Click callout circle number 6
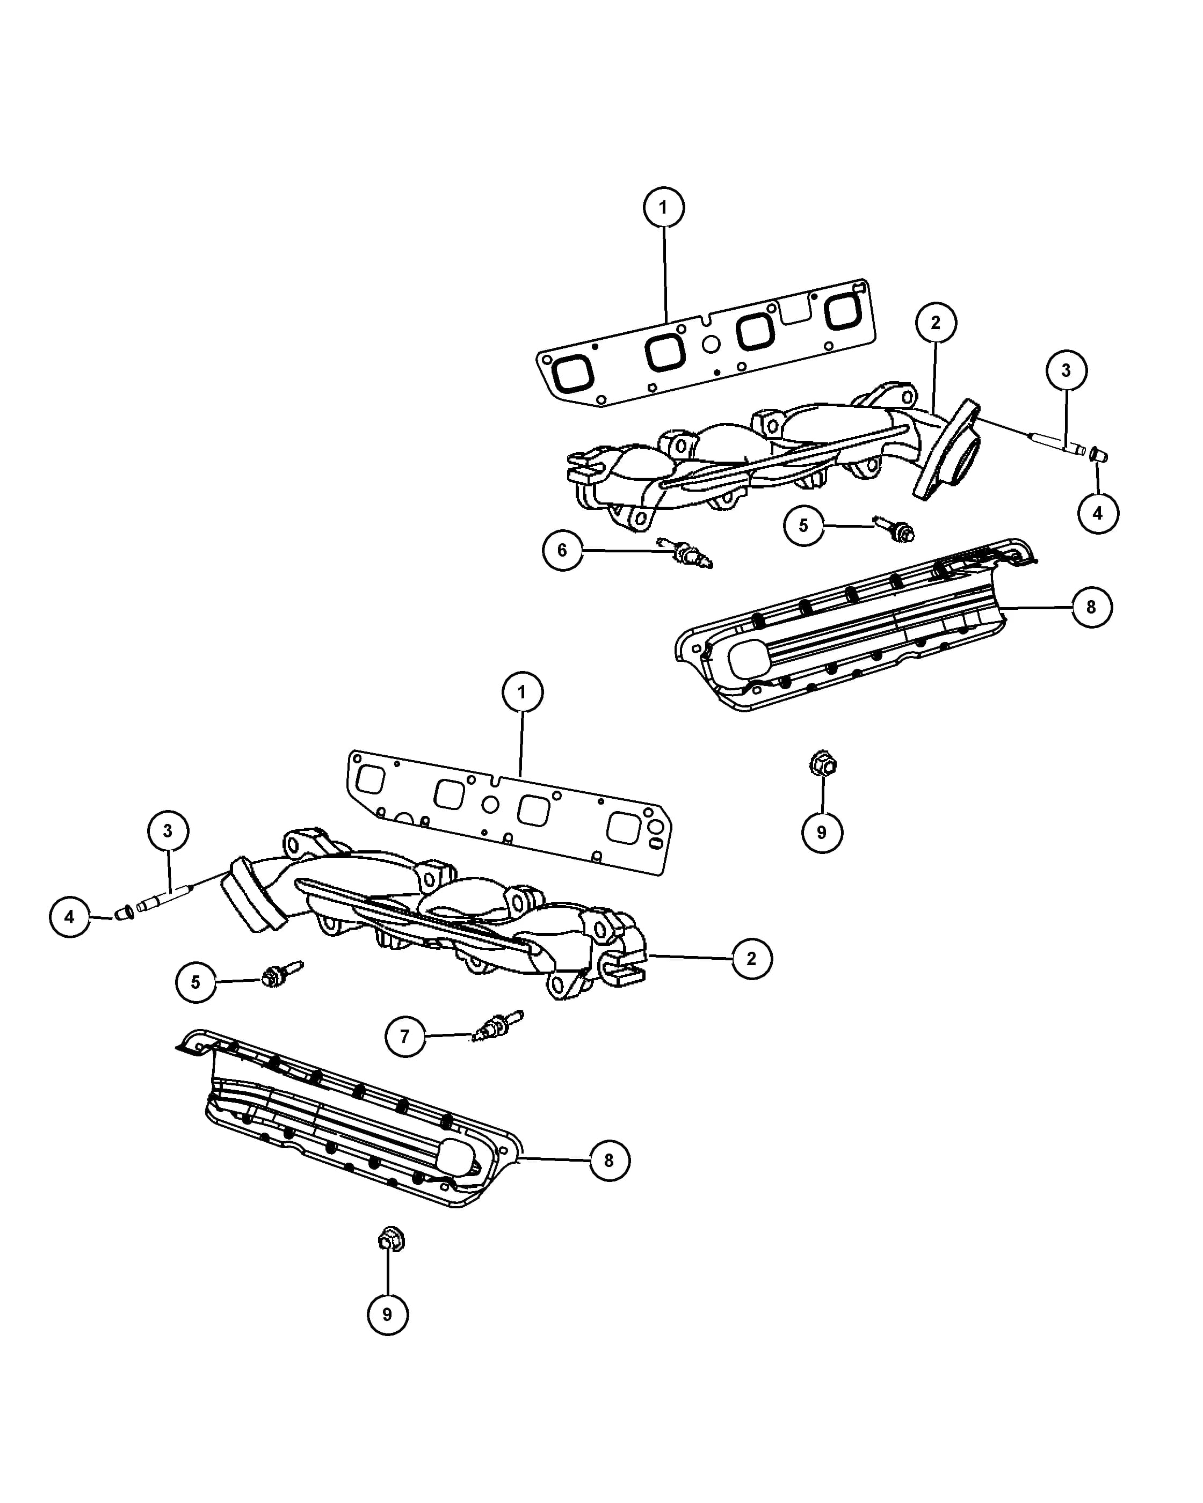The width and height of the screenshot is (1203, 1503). coord(563,551)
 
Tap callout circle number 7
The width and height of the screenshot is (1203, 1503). coord(405,1037)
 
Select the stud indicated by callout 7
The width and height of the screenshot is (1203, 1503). coord(497,1027)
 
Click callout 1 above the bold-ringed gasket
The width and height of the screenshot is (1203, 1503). coord(663,208)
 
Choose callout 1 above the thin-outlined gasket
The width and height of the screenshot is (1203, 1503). coord(521,692)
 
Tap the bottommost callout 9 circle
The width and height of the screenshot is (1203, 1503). coord(388,1314)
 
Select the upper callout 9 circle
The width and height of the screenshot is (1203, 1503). coord(822,833)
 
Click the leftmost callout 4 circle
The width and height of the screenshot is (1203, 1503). coord(70,917)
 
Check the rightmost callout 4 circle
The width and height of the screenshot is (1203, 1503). coord(1098,513)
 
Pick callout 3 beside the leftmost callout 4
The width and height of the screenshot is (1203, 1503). coord(168,831)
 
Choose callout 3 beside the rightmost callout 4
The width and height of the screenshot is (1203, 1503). coord(1066,370)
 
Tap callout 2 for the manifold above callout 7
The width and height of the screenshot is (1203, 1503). coord(752,959)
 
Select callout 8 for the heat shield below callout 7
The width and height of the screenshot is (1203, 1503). coord(610,1161)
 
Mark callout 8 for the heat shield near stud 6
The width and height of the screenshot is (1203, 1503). coord(1091,607)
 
